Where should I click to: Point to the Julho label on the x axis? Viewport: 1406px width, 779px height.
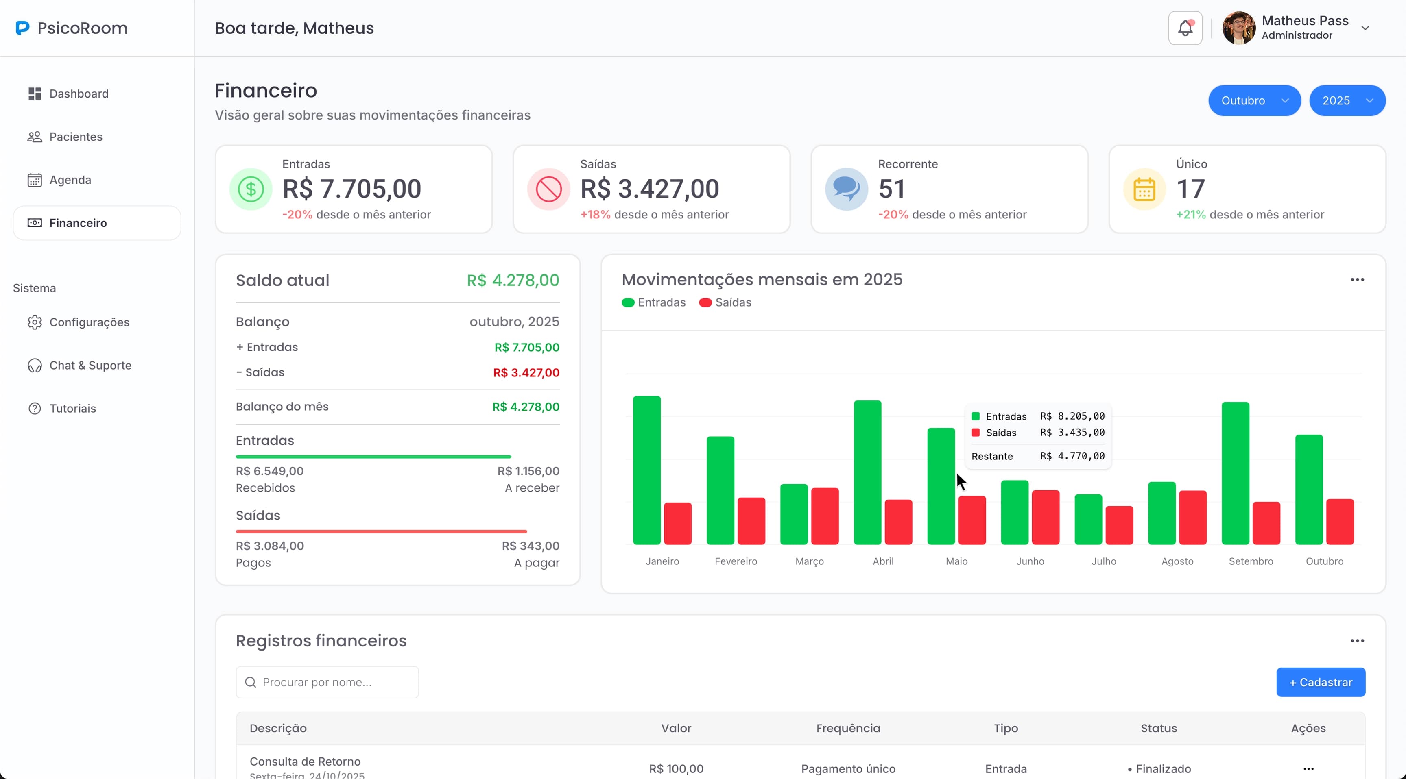tap(1104, 561)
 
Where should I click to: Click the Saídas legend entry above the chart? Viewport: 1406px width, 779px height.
tap(725, 303)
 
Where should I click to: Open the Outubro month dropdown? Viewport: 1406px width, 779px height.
tap(1254, 101)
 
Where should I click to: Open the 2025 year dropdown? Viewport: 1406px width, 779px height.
tap(1347, 101)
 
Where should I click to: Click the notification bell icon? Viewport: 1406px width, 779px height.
tap(1185, 28)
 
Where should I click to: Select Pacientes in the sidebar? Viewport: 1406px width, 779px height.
tap(75, 137)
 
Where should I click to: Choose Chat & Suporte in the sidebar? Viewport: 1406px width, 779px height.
tap(90, 366)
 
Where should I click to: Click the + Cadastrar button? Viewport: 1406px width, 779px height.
tap(1320, 683)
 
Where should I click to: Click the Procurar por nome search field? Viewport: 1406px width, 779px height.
tap(327, 683)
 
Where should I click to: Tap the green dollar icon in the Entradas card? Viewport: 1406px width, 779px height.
tap(251, 189)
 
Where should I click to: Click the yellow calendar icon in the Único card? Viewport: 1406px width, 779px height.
tap(1144, 189)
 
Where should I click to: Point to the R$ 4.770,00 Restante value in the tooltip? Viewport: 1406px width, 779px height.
tap(1072, 456)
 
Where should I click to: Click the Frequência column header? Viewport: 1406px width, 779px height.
tap(848, 728)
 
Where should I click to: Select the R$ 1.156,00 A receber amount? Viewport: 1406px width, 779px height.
tap(528, 471)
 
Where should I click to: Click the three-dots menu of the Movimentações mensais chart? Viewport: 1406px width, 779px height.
tap(1357, 280)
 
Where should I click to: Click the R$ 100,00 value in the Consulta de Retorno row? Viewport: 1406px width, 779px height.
tap(676, 769)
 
